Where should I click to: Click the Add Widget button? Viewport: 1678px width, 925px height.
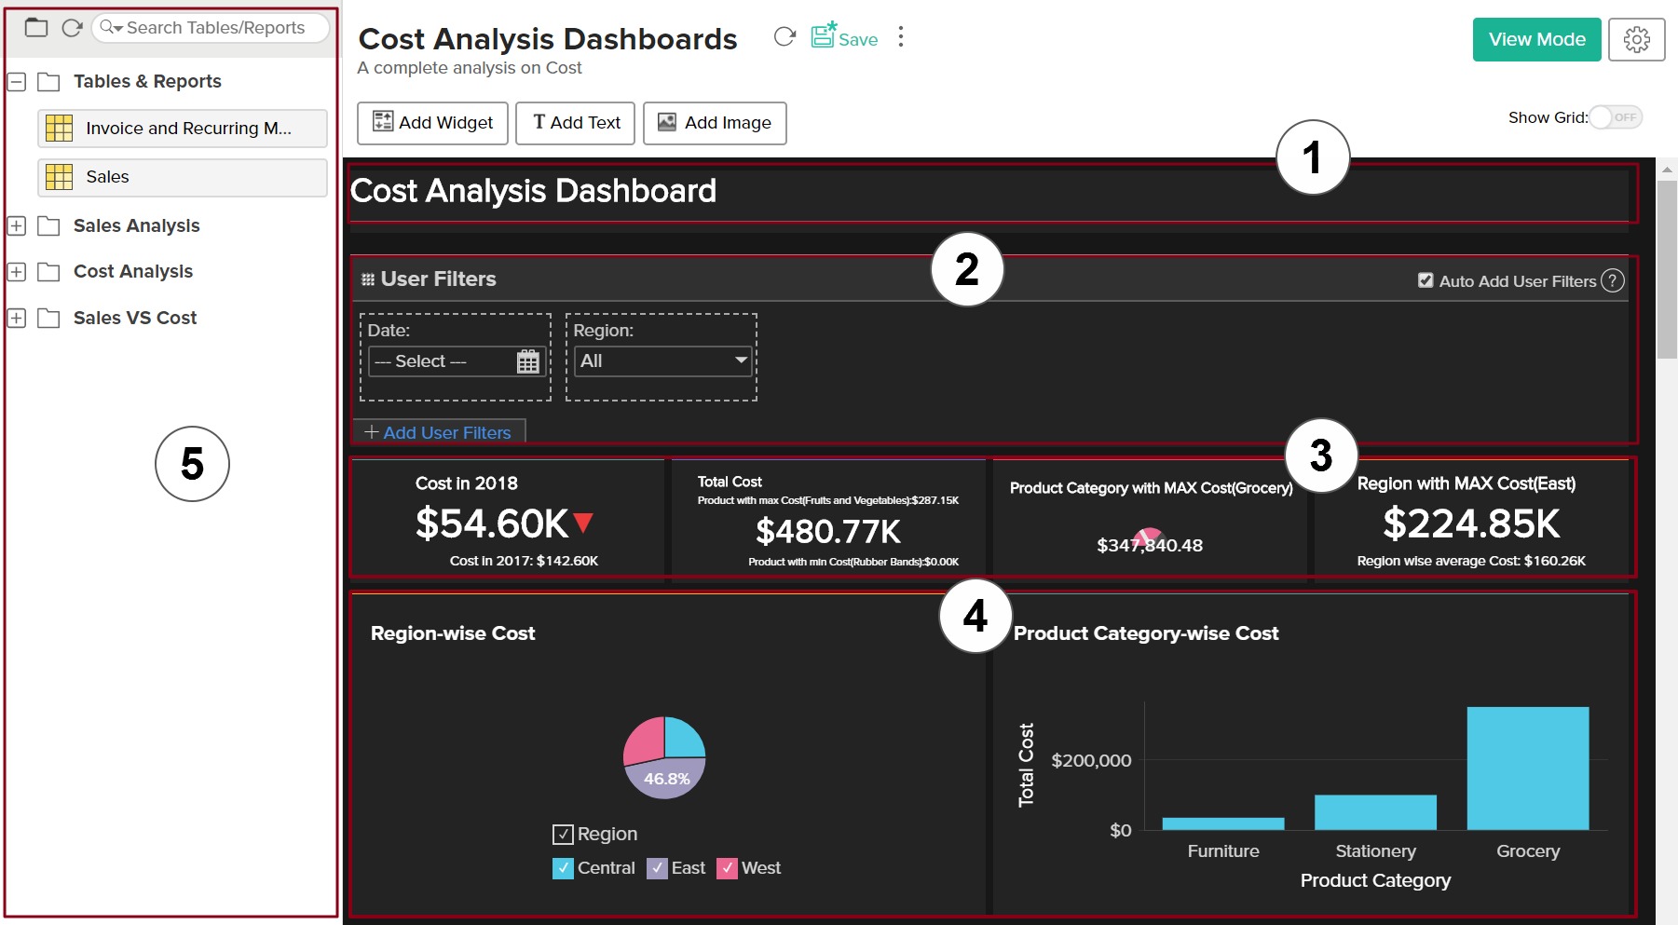(x=432, y=123)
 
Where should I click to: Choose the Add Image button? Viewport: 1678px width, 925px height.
(x=715, y=123)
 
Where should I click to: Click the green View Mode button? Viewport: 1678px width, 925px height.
(x=1536, y=39)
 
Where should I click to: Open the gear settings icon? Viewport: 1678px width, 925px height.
(x=1636, y=39)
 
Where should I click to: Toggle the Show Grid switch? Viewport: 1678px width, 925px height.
(x=1616, y=117)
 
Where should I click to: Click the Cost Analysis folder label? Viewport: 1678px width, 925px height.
(x=133, y=272)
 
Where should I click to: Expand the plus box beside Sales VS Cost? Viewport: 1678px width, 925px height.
(x=17, y=319)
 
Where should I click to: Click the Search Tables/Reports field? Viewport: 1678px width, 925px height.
(x=214, y=28)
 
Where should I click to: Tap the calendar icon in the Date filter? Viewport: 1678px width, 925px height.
(x=528, y=361)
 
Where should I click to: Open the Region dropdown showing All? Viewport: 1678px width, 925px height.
(x=662, y=361)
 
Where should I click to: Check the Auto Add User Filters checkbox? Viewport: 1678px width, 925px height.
(x=1426, y=280)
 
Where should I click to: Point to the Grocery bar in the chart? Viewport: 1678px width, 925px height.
(x=1527, y=768)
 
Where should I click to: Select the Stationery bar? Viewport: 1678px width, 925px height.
(x=1375, y=811)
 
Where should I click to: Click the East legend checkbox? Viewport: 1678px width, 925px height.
(x=657, y=868)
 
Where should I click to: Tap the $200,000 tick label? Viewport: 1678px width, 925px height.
(x=1091, y=761)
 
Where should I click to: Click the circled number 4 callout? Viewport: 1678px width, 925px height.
(x=975, y=616)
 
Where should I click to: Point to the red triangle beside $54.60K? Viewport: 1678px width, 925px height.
(x=583, y=523)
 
